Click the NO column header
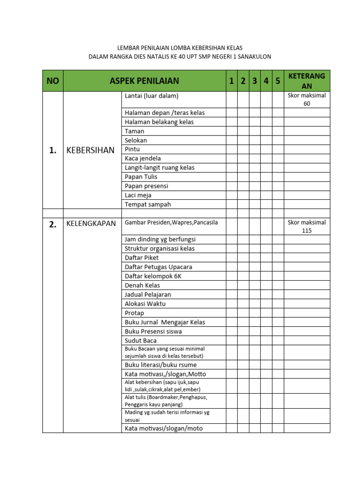53,81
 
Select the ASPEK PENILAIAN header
144,81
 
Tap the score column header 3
255,81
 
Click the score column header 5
277,81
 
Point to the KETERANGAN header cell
307,81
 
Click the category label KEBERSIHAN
91,150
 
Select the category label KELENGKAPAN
91,224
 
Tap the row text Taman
135,131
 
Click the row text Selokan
136,140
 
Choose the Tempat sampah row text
148,204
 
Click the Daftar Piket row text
142,257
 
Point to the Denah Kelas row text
142,285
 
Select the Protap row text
135,313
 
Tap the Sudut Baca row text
141,340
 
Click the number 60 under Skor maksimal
307,104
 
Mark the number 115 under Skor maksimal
307,231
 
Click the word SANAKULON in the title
255,57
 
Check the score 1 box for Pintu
232,150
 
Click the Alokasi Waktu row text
145,303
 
